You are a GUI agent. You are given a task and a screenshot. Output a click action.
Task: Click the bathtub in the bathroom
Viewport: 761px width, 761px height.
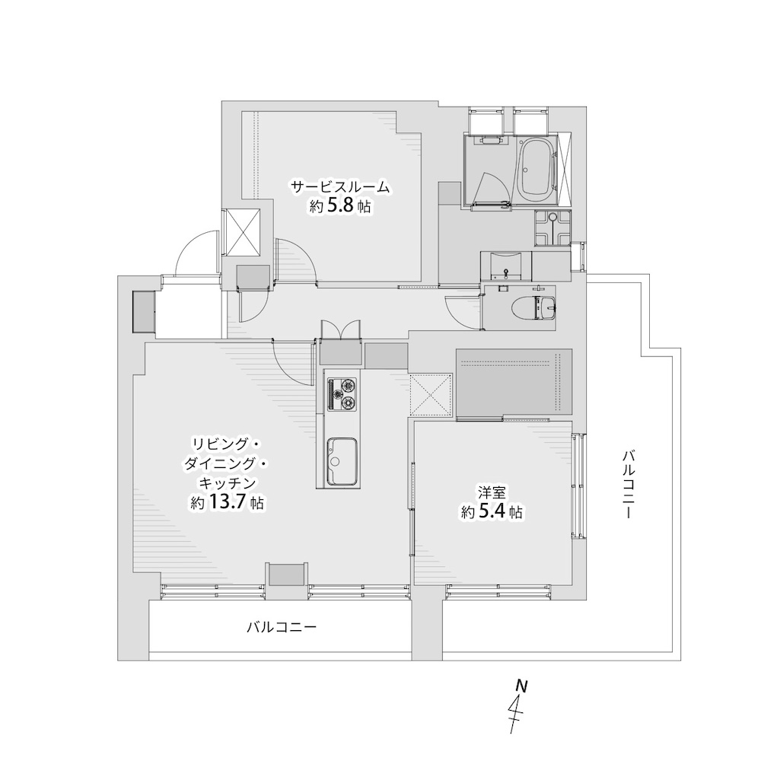pos(535,170)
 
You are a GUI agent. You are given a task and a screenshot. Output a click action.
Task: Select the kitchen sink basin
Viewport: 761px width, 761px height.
pos(342,461)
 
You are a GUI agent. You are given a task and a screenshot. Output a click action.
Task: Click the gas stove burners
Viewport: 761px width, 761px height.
pos(342,393)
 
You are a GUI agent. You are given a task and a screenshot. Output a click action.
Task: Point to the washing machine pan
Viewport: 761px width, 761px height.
pos(553,228)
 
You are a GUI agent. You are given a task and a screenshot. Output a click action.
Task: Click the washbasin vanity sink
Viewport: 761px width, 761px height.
pos(505,265)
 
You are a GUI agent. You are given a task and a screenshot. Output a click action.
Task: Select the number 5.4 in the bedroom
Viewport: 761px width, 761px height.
pos(492,511)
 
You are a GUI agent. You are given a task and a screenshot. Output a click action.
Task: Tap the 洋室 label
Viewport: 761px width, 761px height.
pos(492,494)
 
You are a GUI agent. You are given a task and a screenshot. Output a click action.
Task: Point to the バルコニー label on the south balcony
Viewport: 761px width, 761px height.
pos(282,627)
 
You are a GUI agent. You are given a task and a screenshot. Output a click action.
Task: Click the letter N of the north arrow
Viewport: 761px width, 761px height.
pos(521,686)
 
